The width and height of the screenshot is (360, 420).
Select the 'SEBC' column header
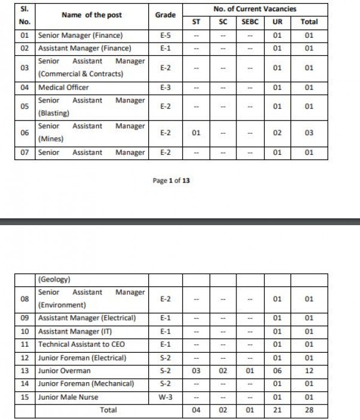249,22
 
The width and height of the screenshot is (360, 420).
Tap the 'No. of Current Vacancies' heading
255,8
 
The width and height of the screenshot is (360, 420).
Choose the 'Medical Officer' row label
63,88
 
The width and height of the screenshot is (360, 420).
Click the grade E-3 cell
166,88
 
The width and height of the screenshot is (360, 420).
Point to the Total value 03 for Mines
309,133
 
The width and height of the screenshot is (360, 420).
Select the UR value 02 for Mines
277,133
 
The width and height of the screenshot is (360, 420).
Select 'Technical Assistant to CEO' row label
82,344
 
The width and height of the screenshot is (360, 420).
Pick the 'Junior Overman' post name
64,371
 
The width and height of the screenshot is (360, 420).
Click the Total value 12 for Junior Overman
309,371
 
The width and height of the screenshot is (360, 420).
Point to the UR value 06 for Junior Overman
277,371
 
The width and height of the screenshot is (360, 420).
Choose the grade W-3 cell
166,397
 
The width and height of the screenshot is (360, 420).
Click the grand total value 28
309,410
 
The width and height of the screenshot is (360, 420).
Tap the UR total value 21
277,410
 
